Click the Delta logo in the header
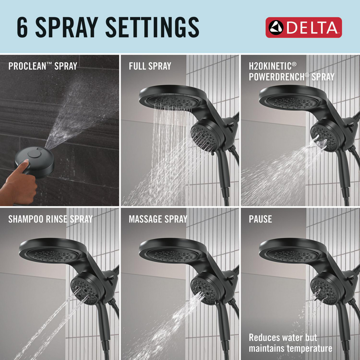303,27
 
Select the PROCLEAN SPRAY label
42,66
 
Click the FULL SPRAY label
150,66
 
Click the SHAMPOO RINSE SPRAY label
50,219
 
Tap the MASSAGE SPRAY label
158,219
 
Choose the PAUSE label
260,219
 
